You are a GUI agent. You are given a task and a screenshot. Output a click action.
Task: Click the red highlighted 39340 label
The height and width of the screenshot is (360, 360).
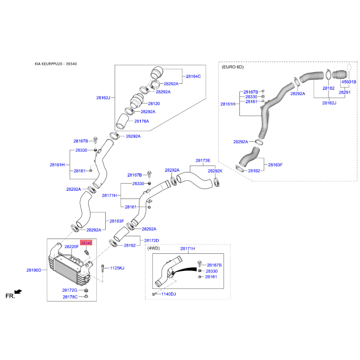(x=86, y=243)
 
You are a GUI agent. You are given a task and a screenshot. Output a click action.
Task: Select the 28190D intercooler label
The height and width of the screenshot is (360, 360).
(x=34, y=270)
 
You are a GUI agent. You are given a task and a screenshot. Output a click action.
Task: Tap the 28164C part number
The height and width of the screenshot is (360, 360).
(x=193, y=76)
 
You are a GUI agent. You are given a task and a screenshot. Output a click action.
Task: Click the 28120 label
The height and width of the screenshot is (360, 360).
(x=154, y=103)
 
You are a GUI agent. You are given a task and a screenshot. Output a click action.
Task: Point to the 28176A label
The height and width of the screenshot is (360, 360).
(x=142, y=121)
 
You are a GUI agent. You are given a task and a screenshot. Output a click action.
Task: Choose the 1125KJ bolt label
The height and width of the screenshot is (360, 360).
(x=117, y=268)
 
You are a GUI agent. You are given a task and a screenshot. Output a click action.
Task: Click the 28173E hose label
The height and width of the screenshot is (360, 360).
(x=203, y=161)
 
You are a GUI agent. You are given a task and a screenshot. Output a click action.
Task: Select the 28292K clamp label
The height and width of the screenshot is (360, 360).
(x=215, y=171)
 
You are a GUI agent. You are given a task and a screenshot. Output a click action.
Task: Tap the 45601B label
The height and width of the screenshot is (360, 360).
(x=349, y=82)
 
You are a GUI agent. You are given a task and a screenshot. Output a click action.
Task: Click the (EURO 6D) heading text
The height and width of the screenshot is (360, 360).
(x=233, y=67)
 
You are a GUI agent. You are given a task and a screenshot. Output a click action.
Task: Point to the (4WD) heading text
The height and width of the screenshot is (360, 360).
(x=153, y=248)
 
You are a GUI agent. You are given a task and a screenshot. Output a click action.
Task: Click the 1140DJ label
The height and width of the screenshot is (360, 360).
(x=168, y=294)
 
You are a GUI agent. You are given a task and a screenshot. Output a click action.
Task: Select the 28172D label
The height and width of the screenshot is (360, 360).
(x=152, y=241)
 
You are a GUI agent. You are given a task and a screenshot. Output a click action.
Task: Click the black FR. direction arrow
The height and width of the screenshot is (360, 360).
(x=18, y=292)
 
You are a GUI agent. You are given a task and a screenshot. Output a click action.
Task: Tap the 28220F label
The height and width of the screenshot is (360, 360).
(x=72, y=247)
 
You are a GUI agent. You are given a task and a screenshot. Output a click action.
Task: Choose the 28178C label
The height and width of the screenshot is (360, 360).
(x=70, y=297)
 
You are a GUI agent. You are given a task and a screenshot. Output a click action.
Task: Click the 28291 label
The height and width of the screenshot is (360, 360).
(x=345, y=92)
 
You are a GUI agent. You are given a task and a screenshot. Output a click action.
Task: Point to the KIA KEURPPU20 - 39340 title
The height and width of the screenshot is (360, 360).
(x=56, y=64)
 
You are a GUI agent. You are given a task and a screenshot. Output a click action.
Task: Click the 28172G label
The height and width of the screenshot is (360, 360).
(x=70, y=290)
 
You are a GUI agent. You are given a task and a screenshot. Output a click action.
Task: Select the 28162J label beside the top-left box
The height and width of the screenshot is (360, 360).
(x=103, y=98)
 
